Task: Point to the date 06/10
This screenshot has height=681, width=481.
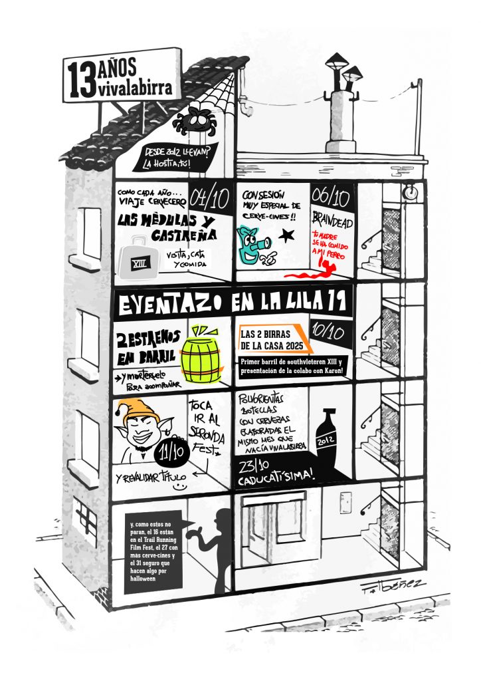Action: (330, 198)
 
